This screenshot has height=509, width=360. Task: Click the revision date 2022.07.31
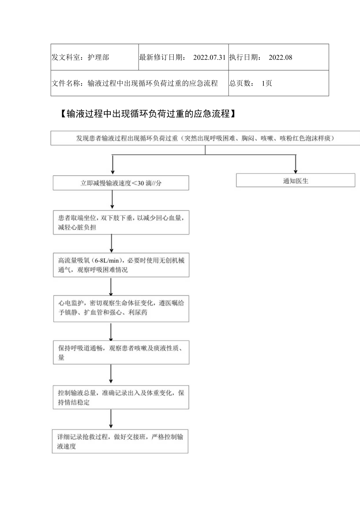tap(209, 58)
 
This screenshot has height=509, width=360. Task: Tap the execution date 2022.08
tap(281, 58)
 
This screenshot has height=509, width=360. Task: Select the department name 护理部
tap(98, 58)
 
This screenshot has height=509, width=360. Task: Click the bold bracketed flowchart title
tap(148, 114)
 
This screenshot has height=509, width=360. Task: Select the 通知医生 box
tap(295, 181)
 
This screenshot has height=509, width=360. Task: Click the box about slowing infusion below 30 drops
tap(121, 183)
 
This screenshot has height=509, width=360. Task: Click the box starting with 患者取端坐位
tap(121, 223)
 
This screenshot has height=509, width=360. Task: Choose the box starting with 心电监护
tap(121, 308)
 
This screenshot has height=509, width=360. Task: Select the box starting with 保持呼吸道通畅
tap(121, 352)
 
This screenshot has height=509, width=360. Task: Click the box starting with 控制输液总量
tap(121, 397)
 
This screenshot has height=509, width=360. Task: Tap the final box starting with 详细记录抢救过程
tap(120, 441)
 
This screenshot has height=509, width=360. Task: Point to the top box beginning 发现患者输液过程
tap(205, 138)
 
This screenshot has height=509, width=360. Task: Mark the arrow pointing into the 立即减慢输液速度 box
tap(113, 165)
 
